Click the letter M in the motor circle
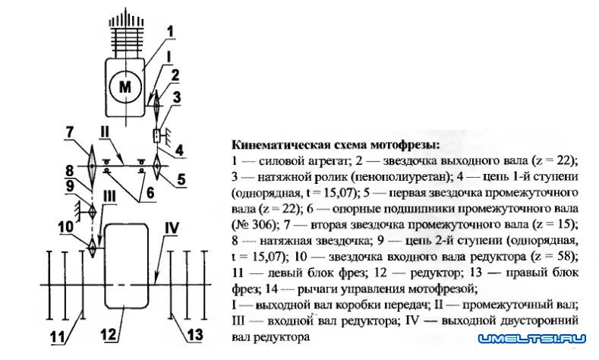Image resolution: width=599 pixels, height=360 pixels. tap(124, 87)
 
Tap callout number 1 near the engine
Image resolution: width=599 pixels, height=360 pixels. tap(170, 31)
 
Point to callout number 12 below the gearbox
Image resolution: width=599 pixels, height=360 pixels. tap(112, 333)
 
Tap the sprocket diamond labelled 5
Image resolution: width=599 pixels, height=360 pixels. tap(156, 163)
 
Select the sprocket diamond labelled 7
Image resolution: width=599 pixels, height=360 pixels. tap(91, 163)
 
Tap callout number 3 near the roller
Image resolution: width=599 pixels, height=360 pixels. tap(176, 97)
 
